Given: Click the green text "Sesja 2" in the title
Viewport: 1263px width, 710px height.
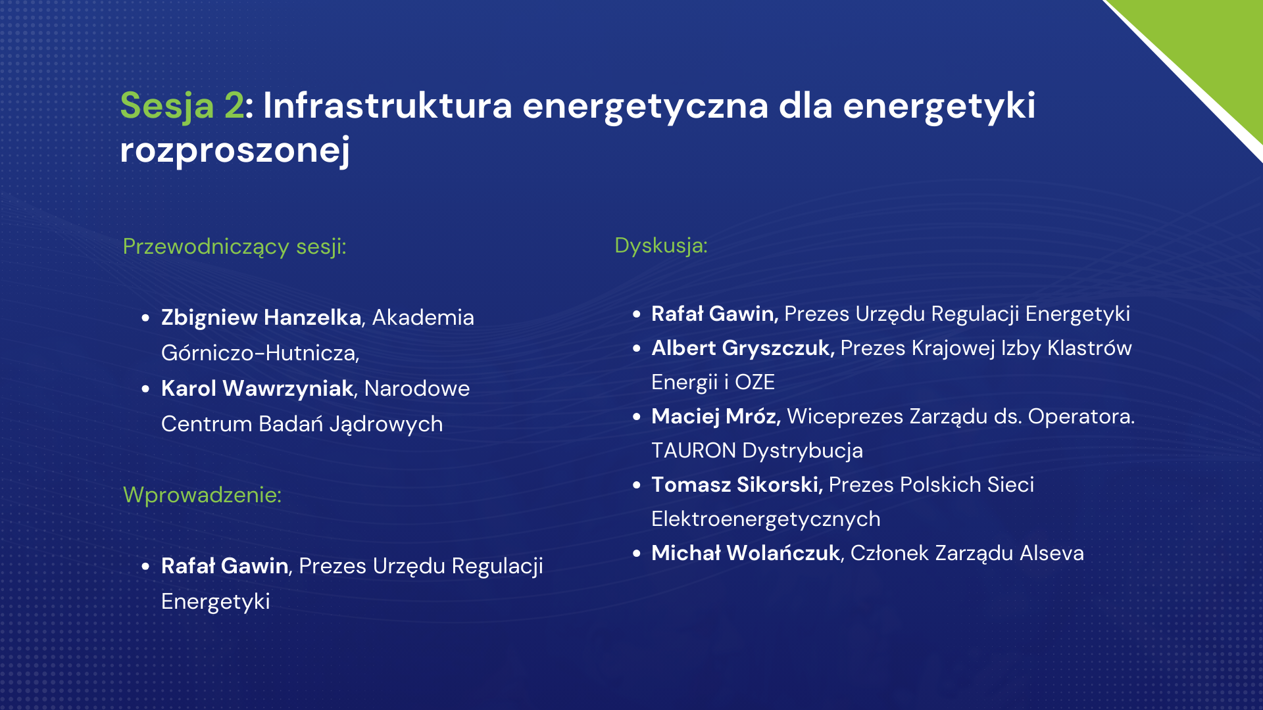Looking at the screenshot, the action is pyautogui.click(x=182, y=106).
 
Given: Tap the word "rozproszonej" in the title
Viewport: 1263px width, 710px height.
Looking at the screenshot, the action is pyautogui.click(x=235, y=151).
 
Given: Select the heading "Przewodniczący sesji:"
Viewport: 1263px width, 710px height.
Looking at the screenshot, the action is pyautogui.click(x=234, y=247).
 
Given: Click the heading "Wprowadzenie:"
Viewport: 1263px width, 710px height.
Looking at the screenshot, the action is pyautogui.click(x=202, y=494).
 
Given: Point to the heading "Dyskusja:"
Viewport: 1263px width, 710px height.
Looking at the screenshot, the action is pyautogui.click(x=661, y=245).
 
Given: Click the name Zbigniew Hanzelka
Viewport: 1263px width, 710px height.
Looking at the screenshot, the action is pyautogui.click(x=261, y=318).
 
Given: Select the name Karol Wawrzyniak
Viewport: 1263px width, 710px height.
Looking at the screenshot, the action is pyautogui.click(x=257, y=389).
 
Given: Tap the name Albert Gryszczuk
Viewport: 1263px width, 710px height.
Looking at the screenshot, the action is pyautogui.click(x=743, y=348).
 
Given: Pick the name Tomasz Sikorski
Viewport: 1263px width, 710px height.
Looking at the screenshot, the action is pyautogui.click(x=737, y=485).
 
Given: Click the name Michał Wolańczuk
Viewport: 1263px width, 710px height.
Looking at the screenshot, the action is pyautogui.click(x=746, y=554).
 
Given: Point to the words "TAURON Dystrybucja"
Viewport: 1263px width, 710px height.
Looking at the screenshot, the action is pyautogui.click(x=757, y=451).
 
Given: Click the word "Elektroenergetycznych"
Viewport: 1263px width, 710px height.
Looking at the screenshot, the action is pyautogui.click(x=766, y=519).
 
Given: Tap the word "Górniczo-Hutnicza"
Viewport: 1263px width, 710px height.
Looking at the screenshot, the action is pyautogui.click(x=259, y=353).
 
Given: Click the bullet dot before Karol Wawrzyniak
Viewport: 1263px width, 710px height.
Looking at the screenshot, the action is pyautogui.click(x=145, y=389).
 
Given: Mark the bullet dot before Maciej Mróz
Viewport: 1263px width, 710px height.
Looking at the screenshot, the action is pyautogui.click(x=636, y=417).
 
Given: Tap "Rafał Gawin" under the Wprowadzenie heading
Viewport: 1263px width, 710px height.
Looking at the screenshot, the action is pyautogui.click(x=224, y=566).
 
